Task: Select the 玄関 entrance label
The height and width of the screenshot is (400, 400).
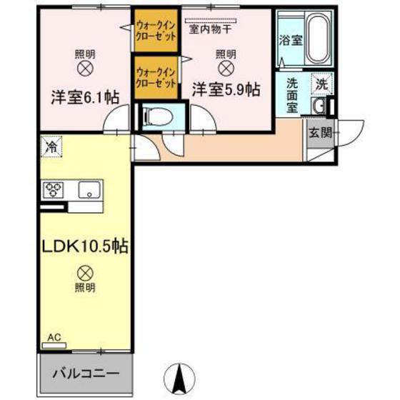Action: [319, 131]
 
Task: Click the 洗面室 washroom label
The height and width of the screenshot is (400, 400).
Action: [292, 93]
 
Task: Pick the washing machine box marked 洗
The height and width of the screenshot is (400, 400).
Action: [321, 82]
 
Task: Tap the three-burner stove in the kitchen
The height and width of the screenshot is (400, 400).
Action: [54, 190]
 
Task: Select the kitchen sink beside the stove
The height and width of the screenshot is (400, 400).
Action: [89, 190]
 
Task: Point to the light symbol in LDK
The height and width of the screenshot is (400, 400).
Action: [84, 271]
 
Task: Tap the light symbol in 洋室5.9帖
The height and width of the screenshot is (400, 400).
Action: [226, 69]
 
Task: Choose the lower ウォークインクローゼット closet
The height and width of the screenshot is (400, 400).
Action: [156, 76]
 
